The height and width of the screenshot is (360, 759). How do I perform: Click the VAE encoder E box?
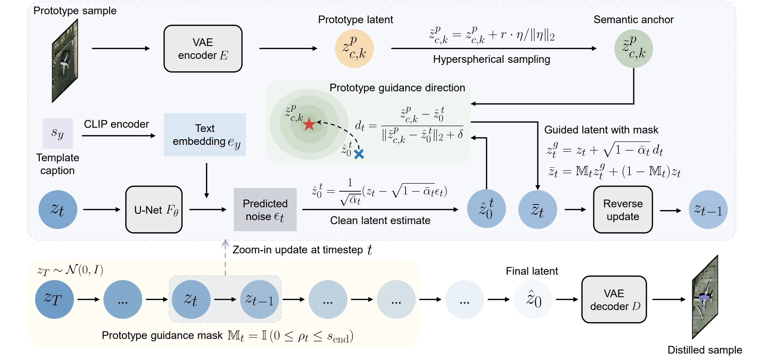click(203, 49)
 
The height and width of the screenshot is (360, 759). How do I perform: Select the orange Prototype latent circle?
click(354, 49)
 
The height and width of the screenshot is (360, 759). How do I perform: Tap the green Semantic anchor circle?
click(633, 49)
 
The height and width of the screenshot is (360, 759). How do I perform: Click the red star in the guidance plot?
click(309, 125)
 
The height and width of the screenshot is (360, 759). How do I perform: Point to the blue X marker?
click(359, 154)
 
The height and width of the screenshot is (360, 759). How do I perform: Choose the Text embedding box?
click(205, 135)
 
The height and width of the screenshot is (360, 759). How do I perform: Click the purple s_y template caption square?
click(57, 133)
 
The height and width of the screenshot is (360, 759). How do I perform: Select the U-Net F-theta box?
click(154, 209)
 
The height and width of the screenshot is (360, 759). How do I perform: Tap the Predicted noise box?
click(265, 209)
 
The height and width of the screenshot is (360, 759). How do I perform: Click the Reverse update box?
click(623, 209)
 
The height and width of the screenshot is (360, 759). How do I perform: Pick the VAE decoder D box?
click(614, 299)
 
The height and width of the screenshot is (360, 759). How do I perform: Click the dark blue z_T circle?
click(54, 299)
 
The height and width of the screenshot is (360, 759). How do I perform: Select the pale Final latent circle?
click(533, 299)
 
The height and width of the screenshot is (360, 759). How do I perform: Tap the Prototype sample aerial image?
click(65, 61)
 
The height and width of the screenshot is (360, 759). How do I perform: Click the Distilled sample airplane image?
click(705, 297)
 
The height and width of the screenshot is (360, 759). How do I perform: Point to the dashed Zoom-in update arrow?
click(225, 257)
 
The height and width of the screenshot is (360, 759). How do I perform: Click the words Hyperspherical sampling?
click(491, 59)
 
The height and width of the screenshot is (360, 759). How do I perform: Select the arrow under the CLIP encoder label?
click(119, 136)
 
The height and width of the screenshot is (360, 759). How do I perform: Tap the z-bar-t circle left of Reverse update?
click(538, 209)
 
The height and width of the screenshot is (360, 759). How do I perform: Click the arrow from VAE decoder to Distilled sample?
click(669, 299)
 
